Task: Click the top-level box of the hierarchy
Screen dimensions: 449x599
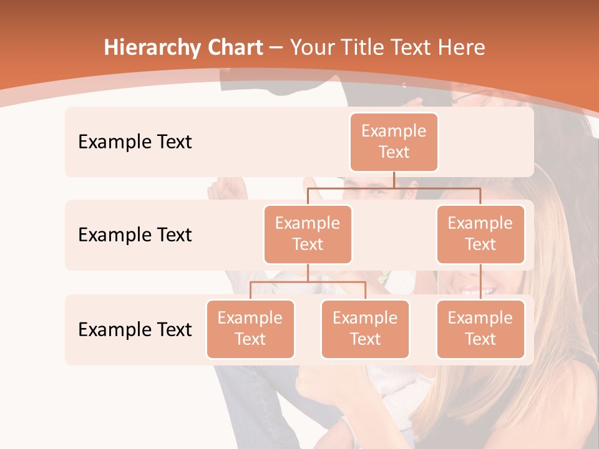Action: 394,142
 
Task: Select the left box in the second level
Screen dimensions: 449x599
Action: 308,234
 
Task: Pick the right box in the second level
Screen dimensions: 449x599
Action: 480,234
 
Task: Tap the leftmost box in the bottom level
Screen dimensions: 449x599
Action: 250,329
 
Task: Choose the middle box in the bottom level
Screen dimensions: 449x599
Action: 365,329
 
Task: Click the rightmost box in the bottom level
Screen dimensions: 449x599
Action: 480,329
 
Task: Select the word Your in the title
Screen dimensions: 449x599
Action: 310,48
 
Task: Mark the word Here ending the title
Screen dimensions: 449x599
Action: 462,48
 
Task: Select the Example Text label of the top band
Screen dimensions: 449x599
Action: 135,142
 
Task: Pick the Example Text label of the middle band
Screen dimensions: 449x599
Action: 135,234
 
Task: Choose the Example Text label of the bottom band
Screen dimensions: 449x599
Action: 135,329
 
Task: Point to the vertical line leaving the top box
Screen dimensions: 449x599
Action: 394,180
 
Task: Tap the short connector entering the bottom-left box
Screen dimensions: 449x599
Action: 250,291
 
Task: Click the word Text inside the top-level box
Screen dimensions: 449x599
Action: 394,152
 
